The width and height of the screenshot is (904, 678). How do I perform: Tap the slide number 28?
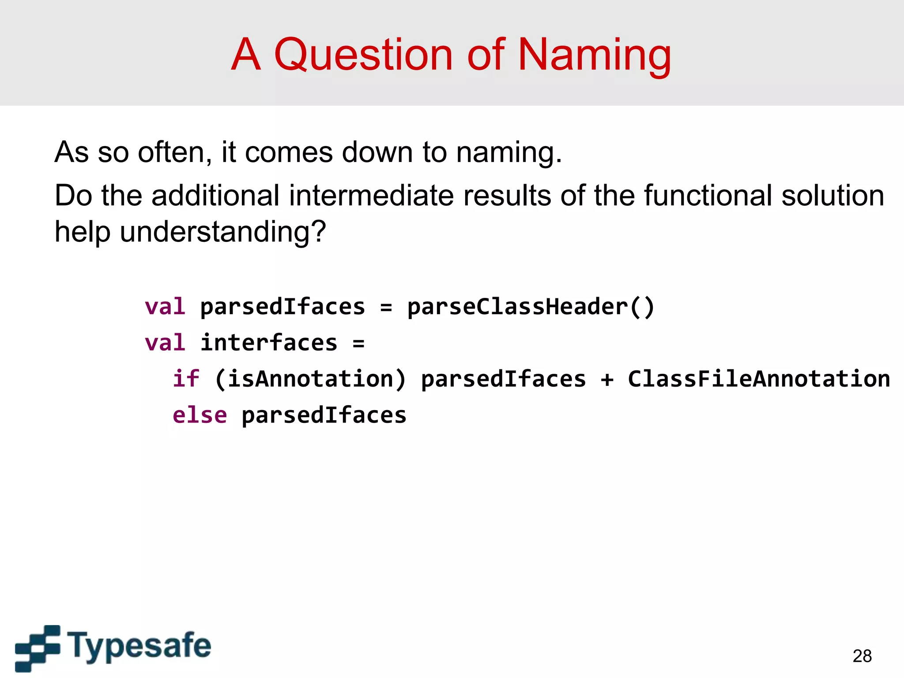coord(862,656)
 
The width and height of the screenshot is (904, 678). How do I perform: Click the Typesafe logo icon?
coord(38,648)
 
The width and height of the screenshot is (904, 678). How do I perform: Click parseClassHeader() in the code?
coord(531,307)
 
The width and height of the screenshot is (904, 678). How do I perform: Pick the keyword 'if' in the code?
coord(186,379)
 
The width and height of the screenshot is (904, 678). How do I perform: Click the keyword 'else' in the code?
coord(200,415)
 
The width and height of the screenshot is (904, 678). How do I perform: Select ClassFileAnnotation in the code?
coord(758,379)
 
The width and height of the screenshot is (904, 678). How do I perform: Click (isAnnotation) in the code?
coord(310,379)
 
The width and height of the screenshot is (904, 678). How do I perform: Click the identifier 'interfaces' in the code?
coord(269,343)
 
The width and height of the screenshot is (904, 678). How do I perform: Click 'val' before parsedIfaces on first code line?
coord(165,307)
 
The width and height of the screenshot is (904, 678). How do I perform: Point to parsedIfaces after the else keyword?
coord(324,415)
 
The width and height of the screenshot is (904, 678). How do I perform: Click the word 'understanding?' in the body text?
coord(223,232)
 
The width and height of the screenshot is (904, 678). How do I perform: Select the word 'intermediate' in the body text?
coord(371,195)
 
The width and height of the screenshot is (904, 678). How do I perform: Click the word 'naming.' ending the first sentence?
coord(509,152)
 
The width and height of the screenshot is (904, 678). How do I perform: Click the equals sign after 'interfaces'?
coord(358,343)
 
